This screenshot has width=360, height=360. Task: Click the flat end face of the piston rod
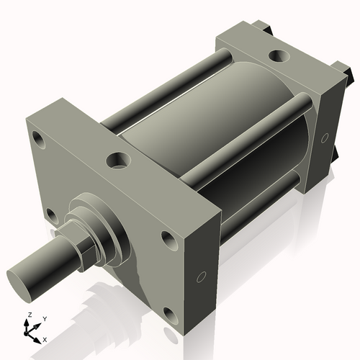pyautogui.click(x=22, y=276)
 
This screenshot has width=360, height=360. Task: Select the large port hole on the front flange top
pyautogui.click(x=117, y=160)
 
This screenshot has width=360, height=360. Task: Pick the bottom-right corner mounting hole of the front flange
pyautogui.click(x=169, y=314)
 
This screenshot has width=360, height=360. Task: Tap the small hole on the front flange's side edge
pyautogui.click(x=202, y=275)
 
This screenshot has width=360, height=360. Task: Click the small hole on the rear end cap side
pyautogui.click(x=325, y=137)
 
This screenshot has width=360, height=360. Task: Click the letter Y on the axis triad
pyautogui.click(x=44, y=319)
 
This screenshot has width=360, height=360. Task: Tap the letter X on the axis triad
pyautogui.click(x=45, y=338)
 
